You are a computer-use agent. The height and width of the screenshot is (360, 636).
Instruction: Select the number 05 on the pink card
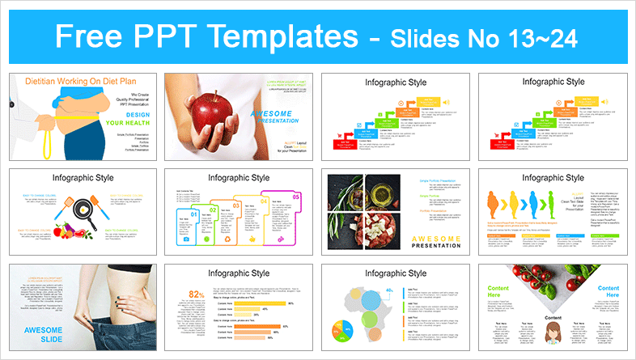tap(295, 197)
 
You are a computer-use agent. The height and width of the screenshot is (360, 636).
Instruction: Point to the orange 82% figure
tap(196, 294)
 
